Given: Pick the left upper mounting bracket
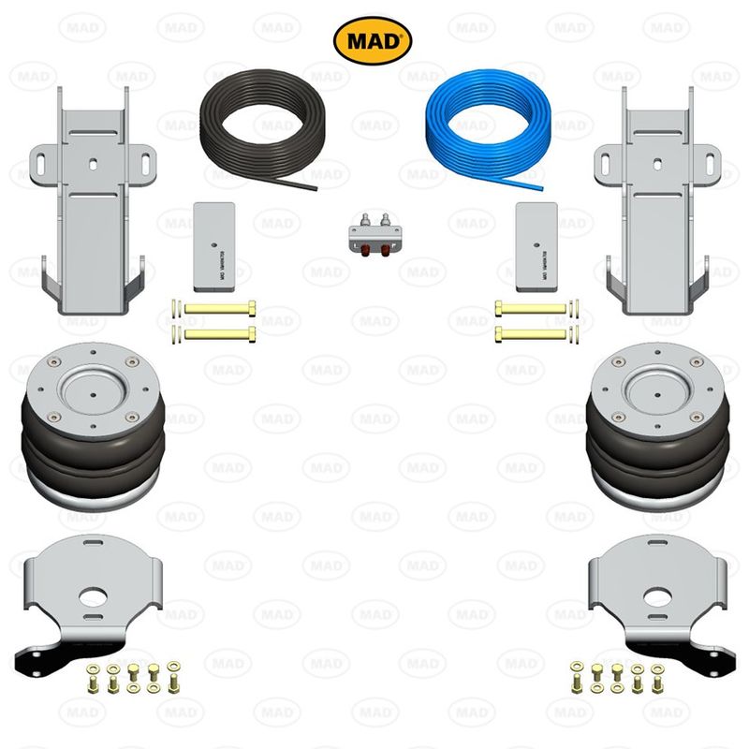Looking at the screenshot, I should pos(94,206).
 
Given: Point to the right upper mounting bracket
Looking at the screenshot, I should pos(656,206).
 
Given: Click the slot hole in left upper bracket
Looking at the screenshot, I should pos(94,161).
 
